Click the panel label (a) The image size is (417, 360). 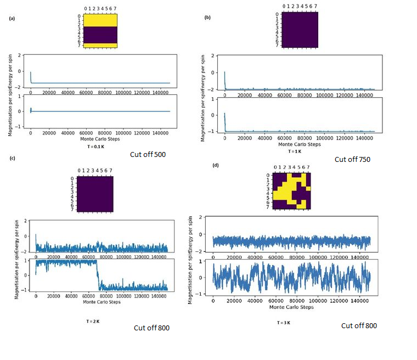pyautogui.click(x=12, y=19)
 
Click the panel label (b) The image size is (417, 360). pyautogui.click(x=207, y=18)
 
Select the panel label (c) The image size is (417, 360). pyautogui.click(x=12, y=159)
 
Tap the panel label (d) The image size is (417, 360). pyautogui.click(x=215, y=165)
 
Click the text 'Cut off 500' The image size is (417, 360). pyautogui.click(x=148, y=155)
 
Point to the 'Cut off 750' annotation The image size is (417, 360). pyautogui.click(x=352, y=159)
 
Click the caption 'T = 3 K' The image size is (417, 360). pyautogui.click(x=284, y=322)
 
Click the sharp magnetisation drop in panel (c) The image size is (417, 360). pyautogui.click(x=98, y=274)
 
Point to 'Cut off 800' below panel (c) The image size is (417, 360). pyautogui.click(x=151, y=328)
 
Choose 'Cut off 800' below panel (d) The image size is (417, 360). pyautogui.click(x=359, y=325)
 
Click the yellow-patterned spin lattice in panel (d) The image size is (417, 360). pyautogui.click(x=292, y=190)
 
